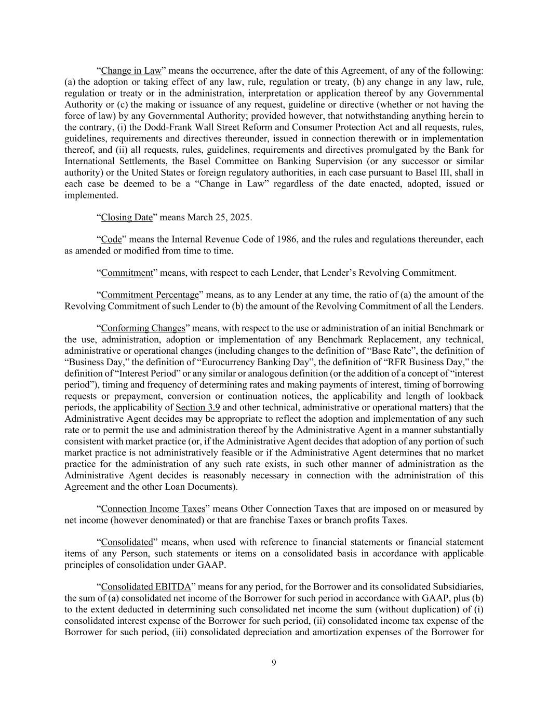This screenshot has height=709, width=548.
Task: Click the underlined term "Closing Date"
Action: coord(127,217)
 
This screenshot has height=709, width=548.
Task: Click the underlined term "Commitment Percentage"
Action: coord(150,295)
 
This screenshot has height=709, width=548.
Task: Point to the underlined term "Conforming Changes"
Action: coord(143,328)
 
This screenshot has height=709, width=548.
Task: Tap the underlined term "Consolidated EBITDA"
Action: coord(146,587)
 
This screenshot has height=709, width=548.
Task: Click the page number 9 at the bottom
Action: coord(274,662)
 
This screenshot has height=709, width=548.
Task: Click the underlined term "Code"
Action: coord(111,239)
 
